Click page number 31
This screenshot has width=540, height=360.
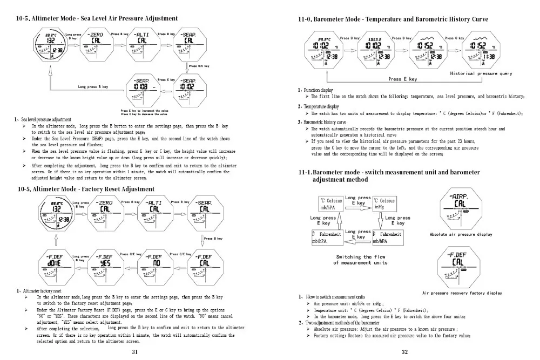click(x=135, y=352)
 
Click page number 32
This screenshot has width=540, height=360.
click(x=404, y=352)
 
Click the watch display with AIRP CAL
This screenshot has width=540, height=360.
click(x=459, y=209)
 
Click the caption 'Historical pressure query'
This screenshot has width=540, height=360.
click(x=481, y=73)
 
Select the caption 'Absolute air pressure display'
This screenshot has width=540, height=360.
click(x=461, y=235)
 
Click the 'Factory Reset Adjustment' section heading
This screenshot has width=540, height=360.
click(x=86, y=189)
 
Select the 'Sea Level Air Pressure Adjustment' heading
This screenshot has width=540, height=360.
click(x=98, y=18)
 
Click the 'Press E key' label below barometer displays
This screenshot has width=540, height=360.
click(x=402, y=79)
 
